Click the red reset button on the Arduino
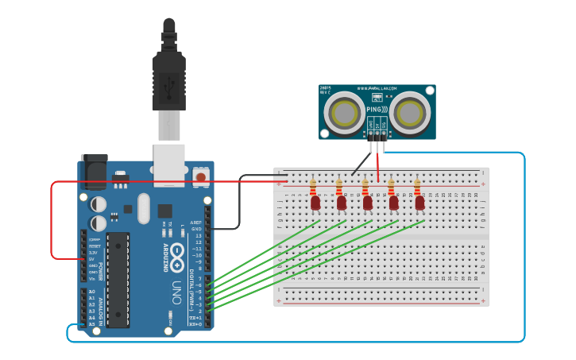(x=201, y=176)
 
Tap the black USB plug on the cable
(x=168, y=75)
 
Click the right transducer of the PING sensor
(x=412, y=112)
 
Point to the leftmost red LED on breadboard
(x=315, y=203)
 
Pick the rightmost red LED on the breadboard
(x=419, y=203)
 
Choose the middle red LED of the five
(x=368, y=203)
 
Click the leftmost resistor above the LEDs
(x=313, y=188)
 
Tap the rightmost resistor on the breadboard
(x=417, y=188)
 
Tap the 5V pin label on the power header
(x=92, y=259)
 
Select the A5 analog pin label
(x=92, y=324)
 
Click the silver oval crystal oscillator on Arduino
(x=143, y=208)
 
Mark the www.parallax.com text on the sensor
(x=377, y=88)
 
